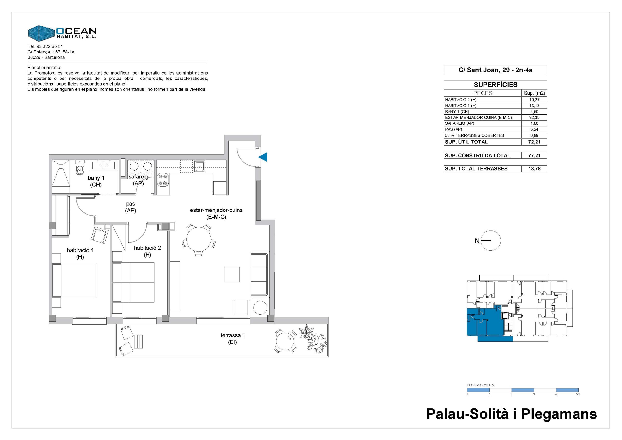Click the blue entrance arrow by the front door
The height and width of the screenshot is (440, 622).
[263, 157]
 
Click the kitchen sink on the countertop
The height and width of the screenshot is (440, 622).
[199, 166]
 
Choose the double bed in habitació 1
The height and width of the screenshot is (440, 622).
[74, 280]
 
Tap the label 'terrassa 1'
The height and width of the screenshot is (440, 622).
[233, 335]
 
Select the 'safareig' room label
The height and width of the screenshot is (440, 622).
[138, 177]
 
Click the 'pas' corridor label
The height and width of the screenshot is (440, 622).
[130, 204]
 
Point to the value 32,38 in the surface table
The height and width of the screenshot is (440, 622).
[534, 117]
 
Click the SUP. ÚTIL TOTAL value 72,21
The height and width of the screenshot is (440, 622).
[534, 142]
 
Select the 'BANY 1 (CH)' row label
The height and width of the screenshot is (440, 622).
[457, 111]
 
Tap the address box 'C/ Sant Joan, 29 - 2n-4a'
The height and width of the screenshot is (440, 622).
[495, 70]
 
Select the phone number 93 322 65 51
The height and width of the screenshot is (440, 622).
[50, 46]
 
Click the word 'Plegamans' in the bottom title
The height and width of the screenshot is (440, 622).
[559, 414]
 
